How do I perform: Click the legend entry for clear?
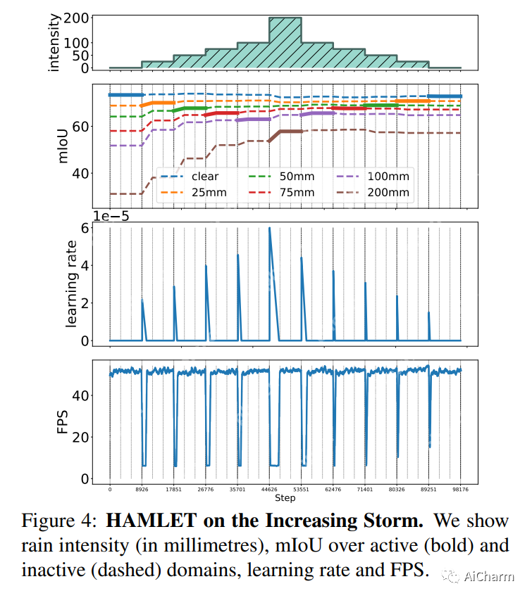(x=193, y=177)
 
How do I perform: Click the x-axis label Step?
(x=285, y=498)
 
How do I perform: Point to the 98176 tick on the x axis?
(x=461, y=489)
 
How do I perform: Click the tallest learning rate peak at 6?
(x=269, y=229)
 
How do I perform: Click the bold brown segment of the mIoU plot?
(x=290, y=132)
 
